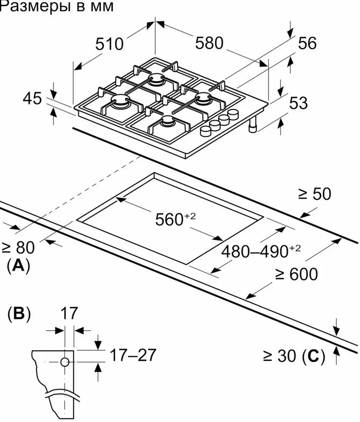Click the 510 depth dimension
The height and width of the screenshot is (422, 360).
(109, 44)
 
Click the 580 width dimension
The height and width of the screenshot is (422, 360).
(209, 43)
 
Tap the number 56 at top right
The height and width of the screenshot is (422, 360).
(306, 43)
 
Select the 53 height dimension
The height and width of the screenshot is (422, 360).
(298, 103)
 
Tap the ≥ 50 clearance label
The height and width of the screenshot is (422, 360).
(314, 194)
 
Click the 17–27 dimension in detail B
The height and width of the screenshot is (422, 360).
(133, 354)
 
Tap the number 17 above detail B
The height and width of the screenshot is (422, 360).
(69, 313)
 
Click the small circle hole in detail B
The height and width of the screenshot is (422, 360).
(65, 363)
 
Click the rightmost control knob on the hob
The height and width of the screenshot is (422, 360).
(233, 114)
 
